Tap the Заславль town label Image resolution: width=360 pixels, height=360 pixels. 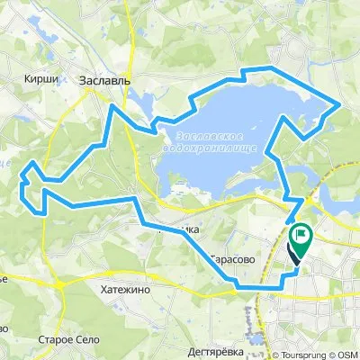click(x=105, y=80)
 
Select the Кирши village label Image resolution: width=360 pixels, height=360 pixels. click(x=45, y=79)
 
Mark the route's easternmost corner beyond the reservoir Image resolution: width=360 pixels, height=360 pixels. click(x=338, y=104)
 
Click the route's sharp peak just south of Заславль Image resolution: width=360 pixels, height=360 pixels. click(x=112, y=105)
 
